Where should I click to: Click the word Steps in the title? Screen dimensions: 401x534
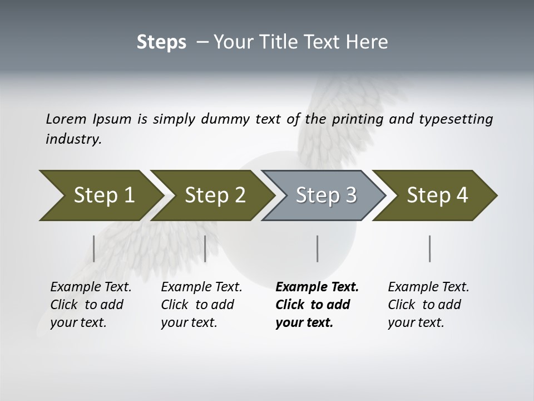161,42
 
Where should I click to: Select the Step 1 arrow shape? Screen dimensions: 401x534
100,195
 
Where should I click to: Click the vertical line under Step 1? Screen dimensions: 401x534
93,248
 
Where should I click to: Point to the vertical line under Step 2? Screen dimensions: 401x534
205,248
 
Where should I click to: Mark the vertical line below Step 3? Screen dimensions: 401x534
317,248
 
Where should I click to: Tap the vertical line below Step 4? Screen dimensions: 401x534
429,248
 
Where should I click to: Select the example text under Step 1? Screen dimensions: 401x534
90,305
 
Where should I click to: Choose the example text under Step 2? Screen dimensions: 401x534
201,305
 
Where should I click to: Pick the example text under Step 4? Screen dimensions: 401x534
428,305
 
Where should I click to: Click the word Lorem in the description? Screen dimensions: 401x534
66,119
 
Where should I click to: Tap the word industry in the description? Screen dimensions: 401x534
73,139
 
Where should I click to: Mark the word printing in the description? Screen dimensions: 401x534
358,119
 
